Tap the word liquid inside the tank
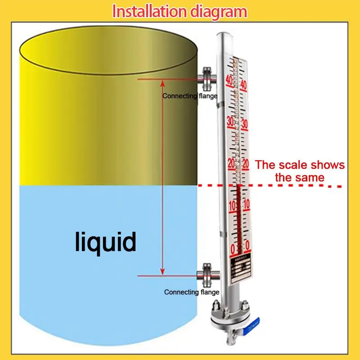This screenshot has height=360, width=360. click(x=105, y=242)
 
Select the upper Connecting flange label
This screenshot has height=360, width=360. click(x=190, y=96)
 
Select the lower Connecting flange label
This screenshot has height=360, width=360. click(x=192, y=292)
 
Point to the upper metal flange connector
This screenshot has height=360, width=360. click(x=207, y=78)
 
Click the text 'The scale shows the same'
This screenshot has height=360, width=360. click(x=300, y=171)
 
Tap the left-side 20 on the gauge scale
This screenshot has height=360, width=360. click(x=231, y=162)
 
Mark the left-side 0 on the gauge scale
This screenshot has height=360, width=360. click(x=233, y=248)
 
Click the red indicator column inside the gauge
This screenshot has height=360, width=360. click(x=238, y=216)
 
